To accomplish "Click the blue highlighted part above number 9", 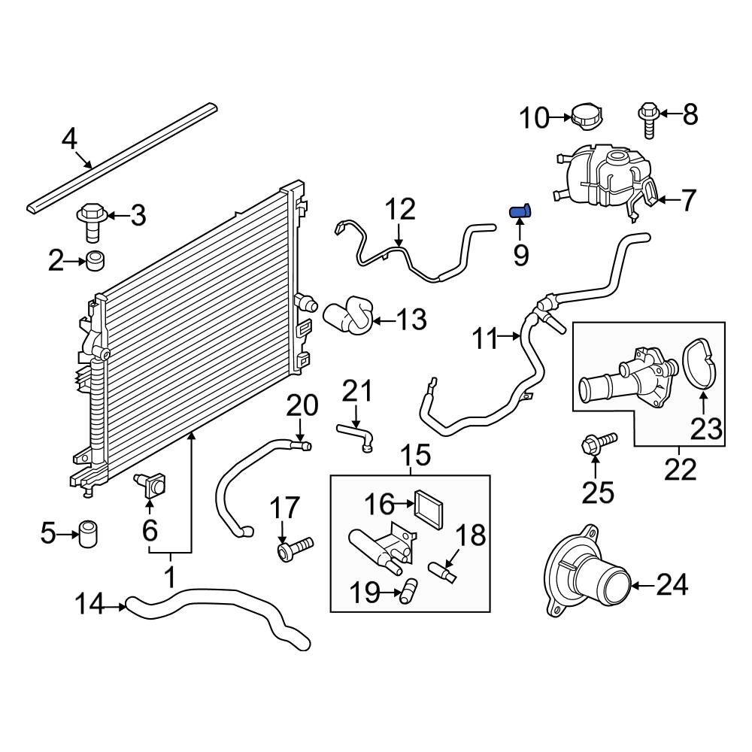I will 520,211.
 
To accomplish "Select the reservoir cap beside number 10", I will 588,117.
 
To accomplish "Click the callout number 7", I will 689,200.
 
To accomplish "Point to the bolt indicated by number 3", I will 91,220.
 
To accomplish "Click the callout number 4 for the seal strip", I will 68,139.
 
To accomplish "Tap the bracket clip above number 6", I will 153,485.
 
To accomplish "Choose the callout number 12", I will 400,208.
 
